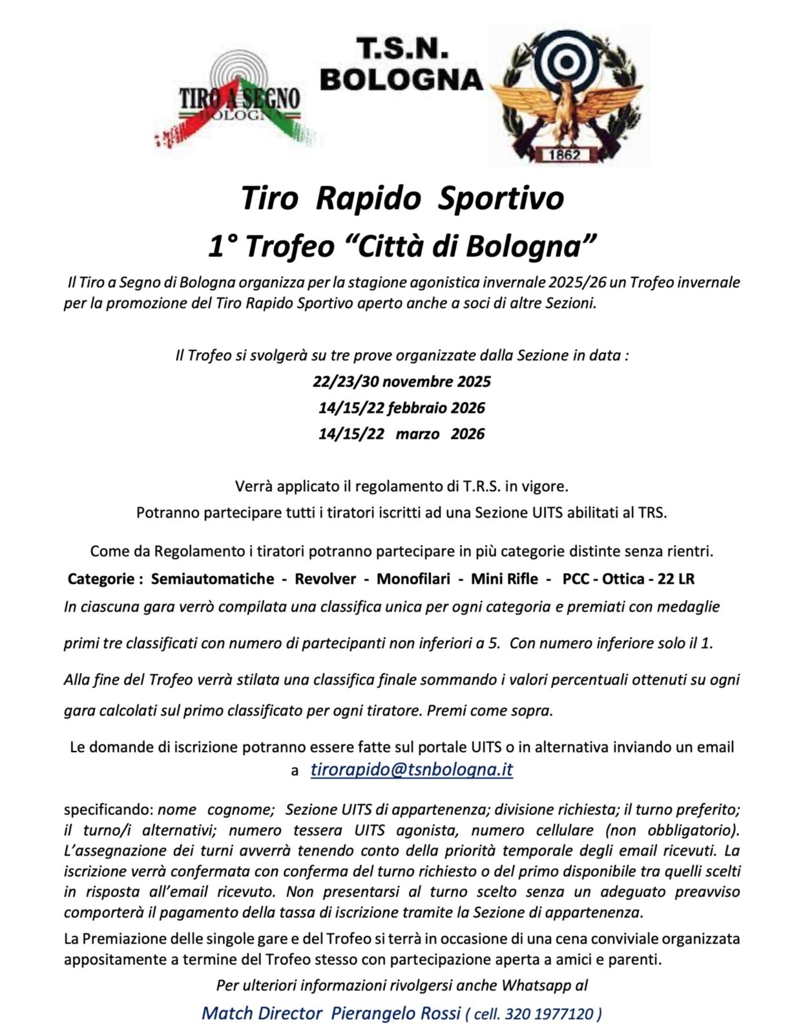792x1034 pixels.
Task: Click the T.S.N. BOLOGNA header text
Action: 401,65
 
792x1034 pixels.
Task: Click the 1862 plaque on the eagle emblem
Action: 565,154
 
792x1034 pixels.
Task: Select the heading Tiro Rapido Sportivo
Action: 402,198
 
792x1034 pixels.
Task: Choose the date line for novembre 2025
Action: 401,381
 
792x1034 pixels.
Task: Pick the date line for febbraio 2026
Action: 401,408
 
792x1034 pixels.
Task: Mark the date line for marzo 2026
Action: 401,434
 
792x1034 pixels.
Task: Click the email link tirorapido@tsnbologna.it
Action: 412,770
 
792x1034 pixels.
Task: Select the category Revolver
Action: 325,579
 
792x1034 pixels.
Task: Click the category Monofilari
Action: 413,579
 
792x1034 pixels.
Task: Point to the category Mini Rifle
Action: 504,579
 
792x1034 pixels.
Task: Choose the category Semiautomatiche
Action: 213,579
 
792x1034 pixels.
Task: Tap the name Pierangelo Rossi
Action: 395,1013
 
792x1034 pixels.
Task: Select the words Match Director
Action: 262,1013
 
